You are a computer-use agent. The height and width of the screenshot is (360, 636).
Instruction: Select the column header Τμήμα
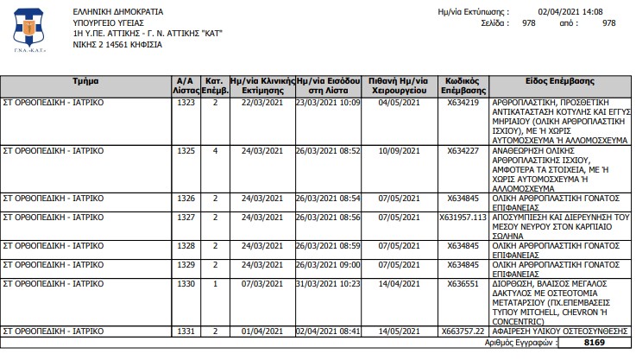point(86,81)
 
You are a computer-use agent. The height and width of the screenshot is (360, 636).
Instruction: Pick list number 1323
point(186,103)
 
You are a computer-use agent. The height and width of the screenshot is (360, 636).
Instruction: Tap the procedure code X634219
point(463,103)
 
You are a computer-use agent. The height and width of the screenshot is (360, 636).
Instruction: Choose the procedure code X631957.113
point(463,218)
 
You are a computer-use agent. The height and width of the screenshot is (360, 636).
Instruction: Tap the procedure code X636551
point(463,284)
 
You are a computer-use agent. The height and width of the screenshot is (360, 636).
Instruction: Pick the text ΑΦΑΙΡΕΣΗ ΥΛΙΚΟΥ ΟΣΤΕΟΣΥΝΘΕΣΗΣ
point(560,331)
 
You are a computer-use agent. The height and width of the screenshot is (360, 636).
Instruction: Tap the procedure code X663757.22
point(463,331)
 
